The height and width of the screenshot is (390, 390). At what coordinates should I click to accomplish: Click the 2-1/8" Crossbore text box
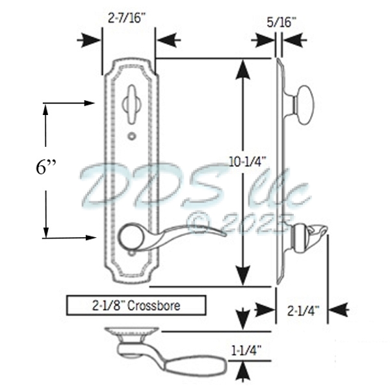136,304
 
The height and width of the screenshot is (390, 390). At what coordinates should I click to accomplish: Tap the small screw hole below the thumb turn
133,136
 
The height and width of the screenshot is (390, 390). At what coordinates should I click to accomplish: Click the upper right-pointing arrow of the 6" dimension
87,103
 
